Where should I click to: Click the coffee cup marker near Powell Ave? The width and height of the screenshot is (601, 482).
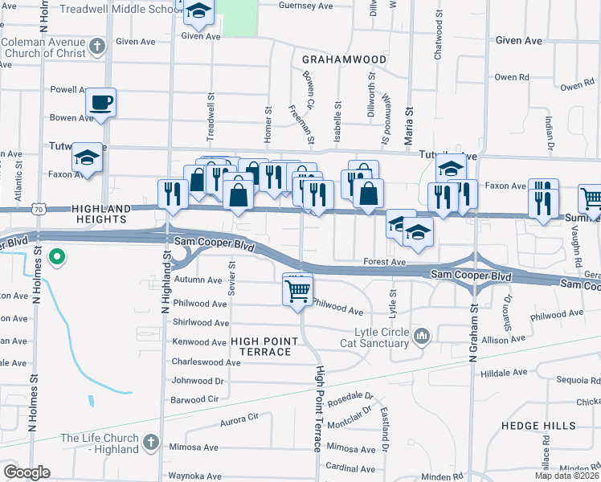click(x=100, y=103)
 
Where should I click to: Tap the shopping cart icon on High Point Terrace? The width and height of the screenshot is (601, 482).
click(x=297, y=289)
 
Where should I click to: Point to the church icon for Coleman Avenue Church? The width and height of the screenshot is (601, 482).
click(x=97, y=47)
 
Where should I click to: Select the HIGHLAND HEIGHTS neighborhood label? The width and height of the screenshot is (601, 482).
click(x=101, y=209)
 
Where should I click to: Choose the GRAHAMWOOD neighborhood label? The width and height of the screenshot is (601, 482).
click(x=345, y=59)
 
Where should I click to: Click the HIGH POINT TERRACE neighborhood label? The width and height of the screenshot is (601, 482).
click(x=261, y=346)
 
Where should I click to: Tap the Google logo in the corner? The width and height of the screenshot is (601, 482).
click(x=27, y=472)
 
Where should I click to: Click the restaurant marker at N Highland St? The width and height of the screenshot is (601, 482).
click(x=173, y=194)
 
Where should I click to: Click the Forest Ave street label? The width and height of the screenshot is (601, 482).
click(x=385, y=261)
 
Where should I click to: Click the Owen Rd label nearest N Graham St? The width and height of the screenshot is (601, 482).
click(x=511, y=77)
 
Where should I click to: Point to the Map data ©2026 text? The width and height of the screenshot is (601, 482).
click(x=567, y=476)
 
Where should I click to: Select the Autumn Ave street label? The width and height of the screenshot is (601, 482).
click(x=198, y=280)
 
